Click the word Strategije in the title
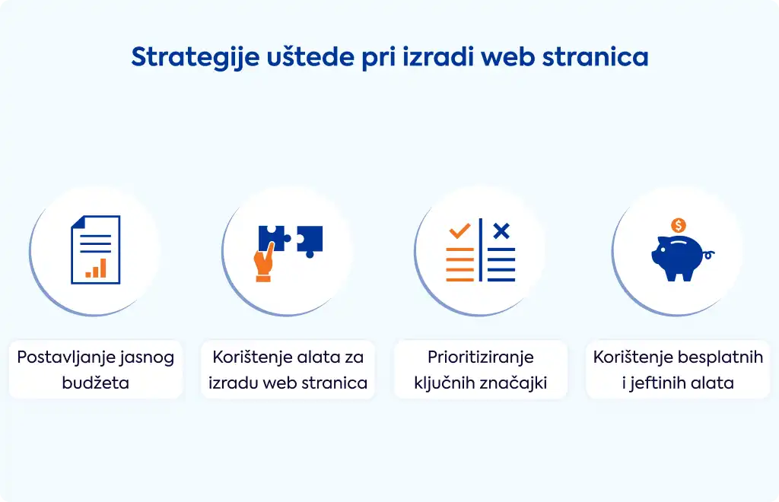pos(196,58)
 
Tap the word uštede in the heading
pos(310,56)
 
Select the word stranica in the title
pos(595,56)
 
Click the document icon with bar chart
pos(96,249)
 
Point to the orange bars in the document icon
pos(96,268)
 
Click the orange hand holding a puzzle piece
pos(263,263)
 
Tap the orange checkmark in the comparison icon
pos(459,231)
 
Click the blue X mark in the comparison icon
pos(501,231)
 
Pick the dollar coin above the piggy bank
pos(678,225)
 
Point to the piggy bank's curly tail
pos(709,256)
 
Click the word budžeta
pos(95,383)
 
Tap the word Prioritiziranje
pos(481,357)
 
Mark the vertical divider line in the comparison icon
pos(481,249)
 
